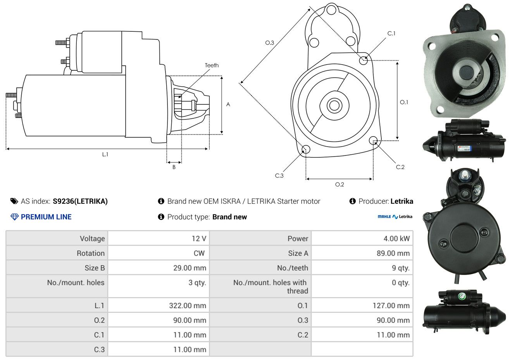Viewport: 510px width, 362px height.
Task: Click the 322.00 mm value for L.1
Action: (x=188, y=306)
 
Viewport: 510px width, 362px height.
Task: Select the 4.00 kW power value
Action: (x=396, y=238)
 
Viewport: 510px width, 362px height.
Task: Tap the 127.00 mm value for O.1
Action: (x=391, y=306)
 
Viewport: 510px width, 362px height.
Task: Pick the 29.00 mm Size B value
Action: (x=190, y=268)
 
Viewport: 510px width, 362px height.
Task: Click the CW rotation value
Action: (x=199, y=253)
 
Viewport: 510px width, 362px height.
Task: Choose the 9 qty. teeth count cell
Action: (x=400, y=268)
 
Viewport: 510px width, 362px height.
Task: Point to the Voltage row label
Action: (x=92, y=239)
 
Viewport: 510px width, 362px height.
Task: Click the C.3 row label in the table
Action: (x=99, y=350)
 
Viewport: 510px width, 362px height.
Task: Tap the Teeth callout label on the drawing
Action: (x=212, y=65)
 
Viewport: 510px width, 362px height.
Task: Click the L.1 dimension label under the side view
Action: (x=105, y=154)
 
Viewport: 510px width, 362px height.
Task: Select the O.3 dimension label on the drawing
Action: (x=270, y=43)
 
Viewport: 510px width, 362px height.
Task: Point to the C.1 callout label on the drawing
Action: (x=391, y=33)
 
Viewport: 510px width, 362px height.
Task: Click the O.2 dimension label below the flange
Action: (x=339, y=184)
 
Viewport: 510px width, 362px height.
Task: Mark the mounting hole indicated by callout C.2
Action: (x=373, y=140)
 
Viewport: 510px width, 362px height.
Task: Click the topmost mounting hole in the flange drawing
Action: (x=331, y=10)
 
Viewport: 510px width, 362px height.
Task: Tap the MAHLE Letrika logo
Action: (x=395, y=217)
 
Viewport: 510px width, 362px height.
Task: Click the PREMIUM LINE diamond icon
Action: (x=14, y=217)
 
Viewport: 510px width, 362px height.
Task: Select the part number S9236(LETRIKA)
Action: (x=80, y=201)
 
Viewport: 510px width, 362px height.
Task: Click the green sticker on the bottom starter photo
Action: (x=462, y=296)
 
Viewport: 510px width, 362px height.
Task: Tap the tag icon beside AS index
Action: (x=14, y=201)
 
